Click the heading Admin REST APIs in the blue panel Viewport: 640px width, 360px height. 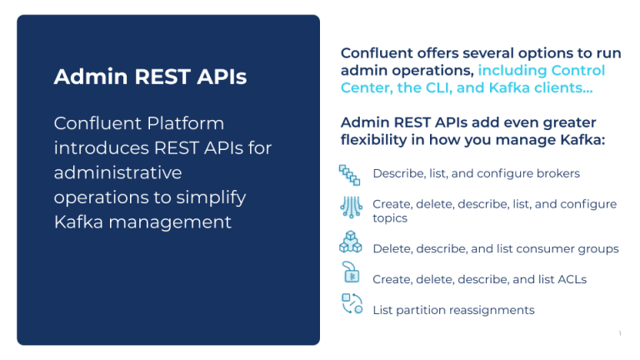coord(150,77)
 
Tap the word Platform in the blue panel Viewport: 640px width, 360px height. coord(185,123)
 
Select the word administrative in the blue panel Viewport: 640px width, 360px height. coord(117,172)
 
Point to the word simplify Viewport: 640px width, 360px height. coord(211,198)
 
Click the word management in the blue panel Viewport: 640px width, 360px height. coord(170,222)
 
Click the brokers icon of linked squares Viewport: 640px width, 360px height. coord(349,175)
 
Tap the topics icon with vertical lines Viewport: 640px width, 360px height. coord(351,207)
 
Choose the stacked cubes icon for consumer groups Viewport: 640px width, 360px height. coord(351,242)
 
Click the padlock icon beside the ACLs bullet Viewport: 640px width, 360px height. coord(351,272)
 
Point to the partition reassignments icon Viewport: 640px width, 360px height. coord(352,303)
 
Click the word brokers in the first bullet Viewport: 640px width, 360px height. coord(558,173)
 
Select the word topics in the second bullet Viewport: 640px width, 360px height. coord(390,218)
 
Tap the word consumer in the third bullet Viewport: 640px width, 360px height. coord(535,249)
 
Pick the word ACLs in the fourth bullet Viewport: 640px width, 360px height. coord(572,279)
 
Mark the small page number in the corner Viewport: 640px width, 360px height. coord(620,333)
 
